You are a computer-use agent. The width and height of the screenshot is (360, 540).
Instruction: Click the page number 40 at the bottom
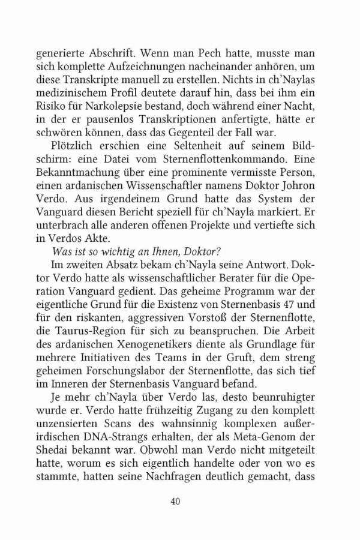click(x=179, y=501)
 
